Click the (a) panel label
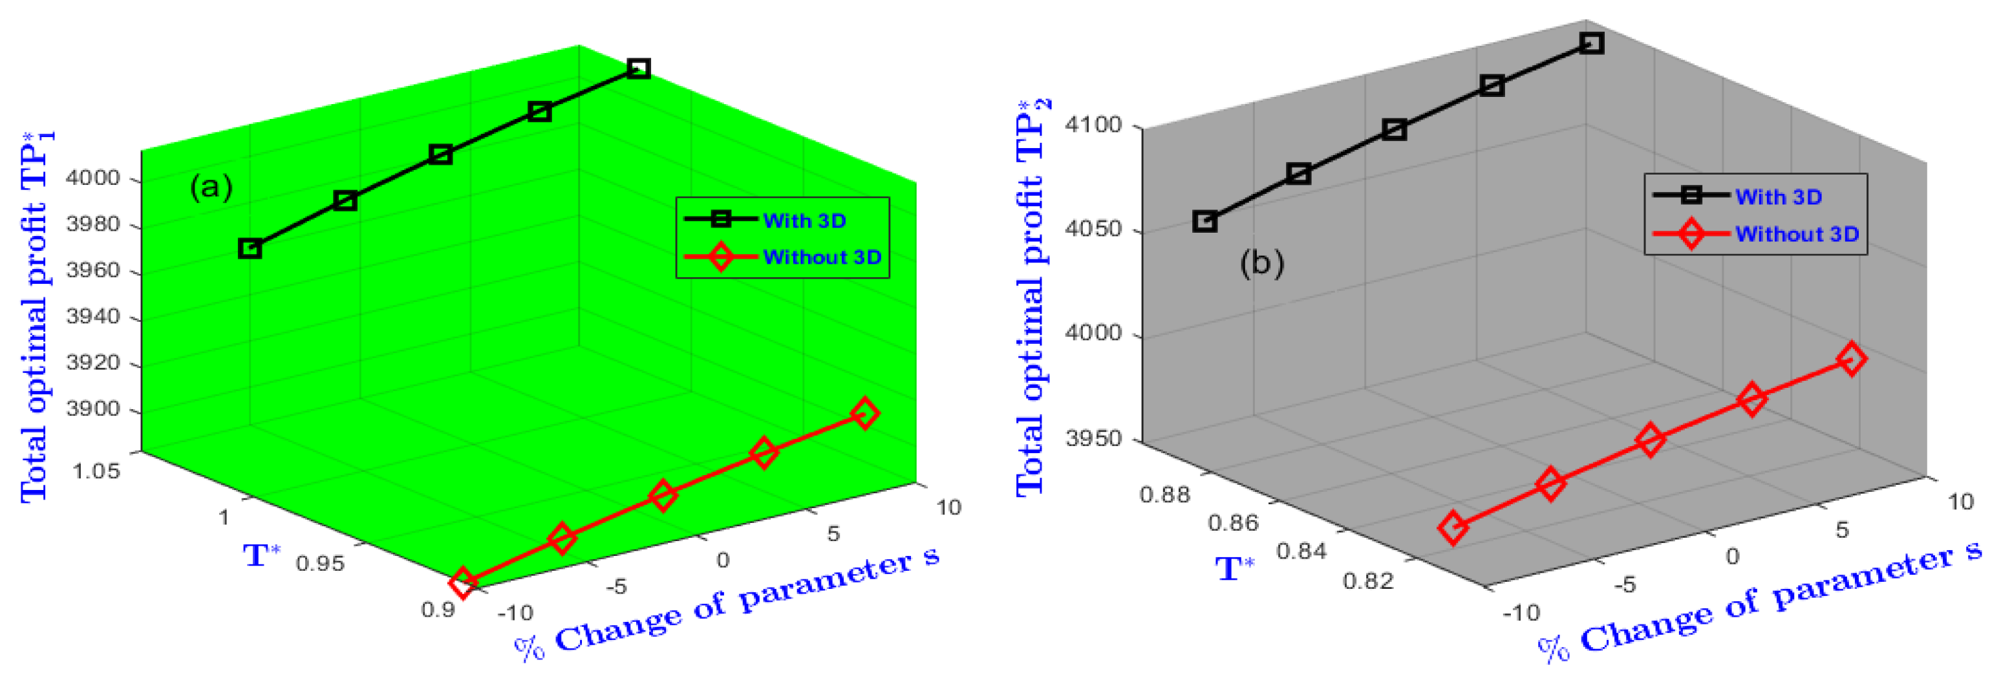211,188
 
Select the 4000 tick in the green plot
92,178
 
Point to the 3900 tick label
92,409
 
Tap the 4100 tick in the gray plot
1093,125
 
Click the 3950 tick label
1093,439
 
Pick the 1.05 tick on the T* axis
96,471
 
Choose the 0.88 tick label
1164,495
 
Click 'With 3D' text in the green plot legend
804,221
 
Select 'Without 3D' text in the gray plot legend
1797,235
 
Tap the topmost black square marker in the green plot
637,69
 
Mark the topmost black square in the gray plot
1592,43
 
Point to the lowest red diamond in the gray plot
1453,528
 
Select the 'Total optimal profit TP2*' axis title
1033,299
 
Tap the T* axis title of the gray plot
1234,570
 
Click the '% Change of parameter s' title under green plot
726,604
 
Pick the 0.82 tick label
1368,581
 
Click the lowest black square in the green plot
250,249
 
